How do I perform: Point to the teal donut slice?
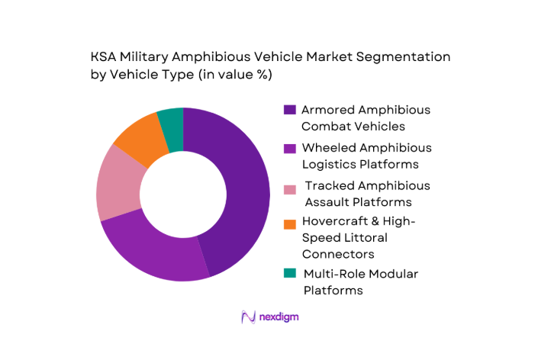coord(172,122)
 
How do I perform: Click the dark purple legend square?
coord(289,110)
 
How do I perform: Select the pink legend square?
coord(289,186)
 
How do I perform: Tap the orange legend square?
coord(289,223)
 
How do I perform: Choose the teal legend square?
coord(289,273)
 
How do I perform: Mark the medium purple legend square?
coord(289,148)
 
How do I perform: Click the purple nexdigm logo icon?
coord(247,317)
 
